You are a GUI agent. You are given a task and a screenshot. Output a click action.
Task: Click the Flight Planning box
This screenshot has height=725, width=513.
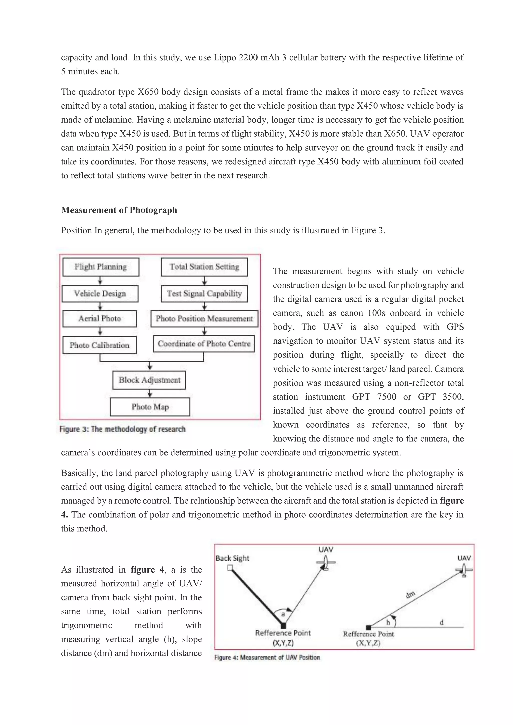pos(101,267)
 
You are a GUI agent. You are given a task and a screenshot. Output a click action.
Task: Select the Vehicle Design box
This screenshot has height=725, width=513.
pos(100,294)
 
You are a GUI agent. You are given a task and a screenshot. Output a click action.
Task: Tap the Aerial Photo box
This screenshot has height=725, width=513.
pos(99,319)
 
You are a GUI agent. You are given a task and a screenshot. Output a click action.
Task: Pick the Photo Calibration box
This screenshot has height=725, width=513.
pos(99,345)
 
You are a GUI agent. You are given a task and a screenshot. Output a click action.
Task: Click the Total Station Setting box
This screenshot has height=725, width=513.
pos(204,267)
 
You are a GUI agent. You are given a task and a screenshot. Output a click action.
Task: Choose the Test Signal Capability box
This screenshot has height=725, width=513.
pos(204,294)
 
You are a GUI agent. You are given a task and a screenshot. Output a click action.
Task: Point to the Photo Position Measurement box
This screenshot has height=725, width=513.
pos(204,319)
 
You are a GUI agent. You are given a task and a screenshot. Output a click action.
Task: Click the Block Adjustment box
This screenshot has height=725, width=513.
pos(149,380)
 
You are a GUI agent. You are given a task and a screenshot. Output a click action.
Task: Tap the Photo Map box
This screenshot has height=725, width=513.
pos(150,407)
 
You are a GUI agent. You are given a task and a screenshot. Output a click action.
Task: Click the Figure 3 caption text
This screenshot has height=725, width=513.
pos(122,429)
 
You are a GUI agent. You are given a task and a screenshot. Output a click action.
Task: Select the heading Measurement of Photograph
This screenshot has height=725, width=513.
pos(119,210)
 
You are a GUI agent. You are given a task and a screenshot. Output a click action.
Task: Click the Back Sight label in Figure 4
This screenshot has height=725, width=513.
pos(232,558)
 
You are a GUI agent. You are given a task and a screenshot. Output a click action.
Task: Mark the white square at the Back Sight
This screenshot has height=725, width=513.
pos(230,568)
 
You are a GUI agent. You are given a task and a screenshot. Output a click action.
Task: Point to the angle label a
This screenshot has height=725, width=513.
pos(283,614)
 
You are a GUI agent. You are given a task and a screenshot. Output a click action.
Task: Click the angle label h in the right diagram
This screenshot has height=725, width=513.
pos(388,622)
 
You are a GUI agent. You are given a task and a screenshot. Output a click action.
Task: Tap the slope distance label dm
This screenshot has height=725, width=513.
pos(410,595)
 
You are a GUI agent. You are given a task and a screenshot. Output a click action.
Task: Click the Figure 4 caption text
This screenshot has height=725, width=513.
pos(267,657)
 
